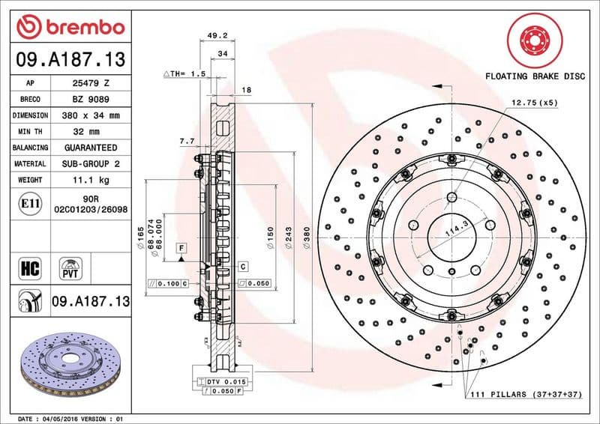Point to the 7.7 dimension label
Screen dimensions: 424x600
click(x=187, y=141)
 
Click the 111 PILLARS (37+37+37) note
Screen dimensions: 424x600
click(x=526, y=394)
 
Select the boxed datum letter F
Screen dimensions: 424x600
click(x=181, y=247)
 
